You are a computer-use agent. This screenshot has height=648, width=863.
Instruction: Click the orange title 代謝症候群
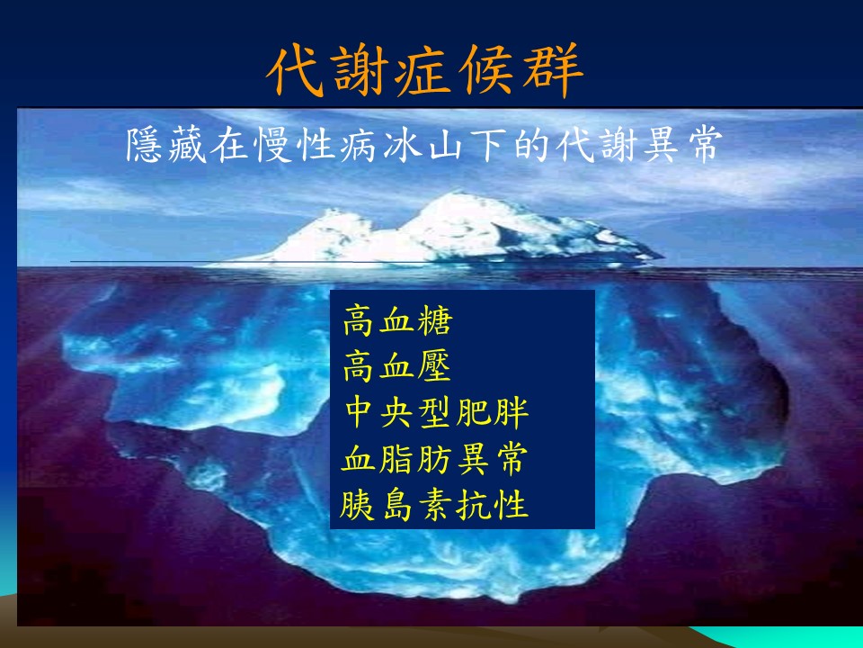click(425, 70)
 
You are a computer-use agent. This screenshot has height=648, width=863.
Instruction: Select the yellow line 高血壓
click(397, 366)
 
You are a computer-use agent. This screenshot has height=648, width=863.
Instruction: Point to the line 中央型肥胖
click(437, 412)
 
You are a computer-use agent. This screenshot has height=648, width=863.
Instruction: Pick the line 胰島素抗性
click(434, 505)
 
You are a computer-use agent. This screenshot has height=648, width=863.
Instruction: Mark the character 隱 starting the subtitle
click(144, 146)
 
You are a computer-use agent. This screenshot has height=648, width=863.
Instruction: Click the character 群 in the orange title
click(553, 70)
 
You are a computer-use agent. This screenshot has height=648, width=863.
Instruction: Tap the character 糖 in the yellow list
click(435, 320)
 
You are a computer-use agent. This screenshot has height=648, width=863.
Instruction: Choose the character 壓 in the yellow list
click(434, 366)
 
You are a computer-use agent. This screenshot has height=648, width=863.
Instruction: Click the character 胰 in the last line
click(357, 505)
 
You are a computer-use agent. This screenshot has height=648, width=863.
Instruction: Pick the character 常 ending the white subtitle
click(703, 146)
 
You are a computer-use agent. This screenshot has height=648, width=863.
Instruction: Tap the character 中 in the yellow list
click(360, 412)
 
